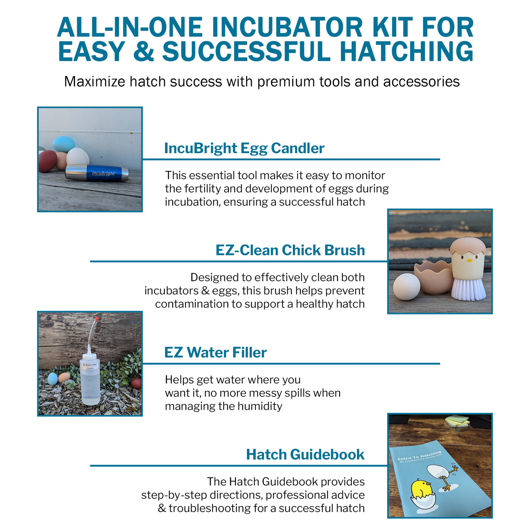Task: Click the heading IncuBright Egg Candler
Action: point(244,148)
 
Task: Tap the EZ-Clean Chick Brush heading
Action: point(290,250)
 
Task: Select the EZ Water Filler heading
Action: point(215,352)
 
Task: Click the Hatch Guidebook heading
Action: point(305,454)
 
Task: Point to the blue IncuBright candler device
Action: point(97,173)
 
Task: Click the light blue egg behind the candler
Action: point(64,144)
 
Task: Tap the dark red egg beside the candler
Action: point(48,161)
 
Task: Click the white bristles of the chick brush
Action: point(468,289)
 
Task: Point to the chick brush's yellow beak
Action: point(470,260)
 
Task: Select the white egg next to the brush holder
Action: point(406,287)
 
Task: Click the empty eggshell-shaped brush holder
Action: point(433,277)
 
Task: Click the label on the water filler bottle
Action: point(90,366)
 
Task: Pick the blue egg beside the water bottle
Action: point(53,378)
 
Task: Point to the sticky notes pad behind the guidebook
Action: point(458,421)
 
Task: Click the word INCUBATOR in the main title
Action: point(287,28)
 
